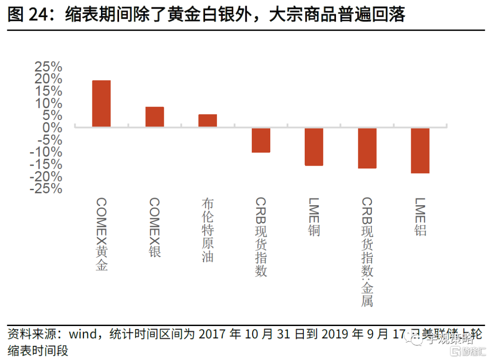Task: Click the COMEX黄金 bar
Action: click(x=101, y=104)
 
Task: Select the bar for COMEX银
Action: click(x=154, y=117)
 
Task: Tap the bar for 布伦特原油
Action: click(x=207, y=120)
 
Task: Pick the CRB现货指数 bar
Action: click(x=261, y=140)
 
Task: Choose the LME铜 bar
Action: click(x=314, y=147)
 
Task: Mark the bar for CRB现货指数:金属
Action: click(x=367, y=148)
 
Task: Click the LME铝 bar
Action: click(x=420, y=150)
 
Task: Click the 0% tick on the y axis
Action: click(x=53, y=128)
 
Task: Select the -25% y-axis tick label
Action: click(x=46, y=188)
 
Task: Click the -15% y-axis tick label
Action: click(x=46, y=164)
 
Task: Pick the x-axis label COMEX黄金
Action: click(x=102, y=234)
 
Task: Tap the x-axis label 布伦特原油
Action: click(x=208, y=230)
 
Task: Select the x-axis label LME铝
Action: click(x=420, y=217)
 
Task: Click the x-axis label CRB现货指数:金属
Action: click(x=367, y=252)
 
